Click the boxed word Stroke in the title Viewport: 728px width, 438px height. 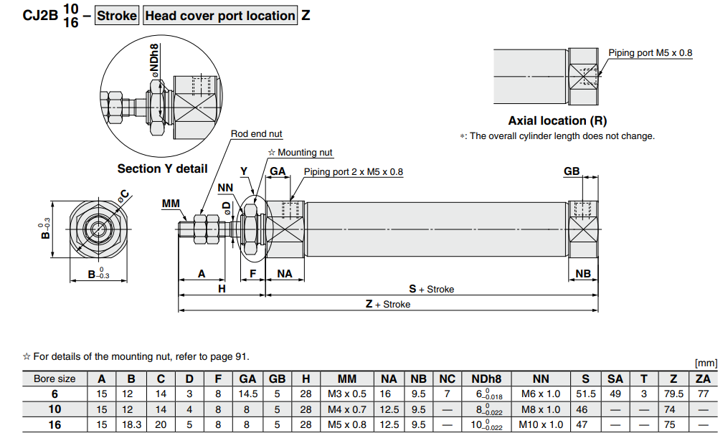pos(117,16)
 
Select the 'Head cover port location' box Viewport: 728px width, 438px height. pos(220,16)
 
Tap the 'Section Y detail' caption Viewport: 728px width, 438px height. pos(162,169)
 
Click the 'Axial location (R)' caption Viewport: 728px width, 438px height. pos(557,121)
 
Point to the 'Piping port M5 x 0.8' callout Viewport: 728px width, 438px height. pos(650,53)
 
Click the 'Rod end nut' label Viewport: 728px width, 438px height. pos(256,134)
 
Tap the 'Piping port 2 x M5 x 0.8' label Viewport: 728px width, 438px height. pos(353,172)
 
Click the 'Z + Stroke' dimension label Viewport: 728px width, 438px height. pos(387,305)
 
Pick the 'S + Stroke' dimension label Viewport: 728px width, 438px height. pos(431,290)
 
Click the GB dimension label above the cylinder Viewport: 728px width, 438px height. pos(572,172)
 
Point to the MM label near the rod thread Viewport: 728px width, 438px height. pos(171,204)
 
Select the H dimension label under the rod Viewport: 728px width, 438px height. pos(222,288)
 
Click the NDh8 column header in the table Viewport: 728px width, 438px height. pos(486,379)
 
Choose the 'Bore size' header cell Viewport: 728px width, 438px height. pos(55,379)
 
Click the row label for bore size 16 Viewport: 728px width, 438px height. pos(55,424)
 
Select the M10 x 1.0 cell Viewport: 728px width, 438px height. pos(542,424)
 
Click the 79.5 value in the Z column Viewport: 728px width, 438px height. pos(674,394)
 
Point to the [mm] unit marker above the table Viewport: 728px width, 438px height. pos(706,364)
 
